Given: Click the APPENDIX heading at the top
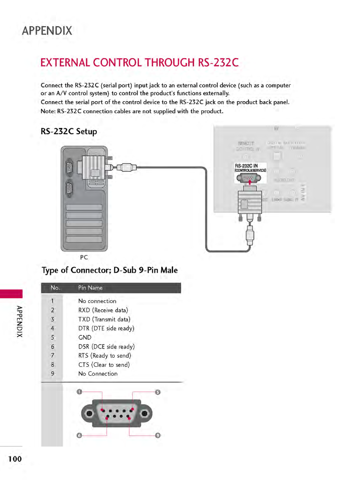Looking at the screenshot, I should click(47, 31).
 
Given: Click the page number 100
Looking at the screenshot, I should click(15, 459).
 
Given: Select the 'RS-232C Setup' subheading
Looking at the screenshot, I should click(69, 131).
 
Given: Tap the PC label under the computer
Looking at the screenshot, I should click(84, 257).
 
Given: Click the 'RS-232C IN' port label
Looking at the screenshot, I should click(246, 166).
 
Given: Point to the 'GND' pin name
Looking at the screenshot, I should click(85, 337).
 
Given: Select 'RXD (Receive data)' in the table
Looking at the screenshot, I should click(103, 310).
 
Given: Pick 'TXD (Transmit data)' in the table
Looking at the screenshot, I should click(104, 319).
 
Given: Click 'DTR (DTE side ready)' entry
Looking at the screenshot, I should click(106, 328).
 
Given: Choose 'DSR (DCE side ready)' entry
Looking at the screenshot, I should click(106, 347).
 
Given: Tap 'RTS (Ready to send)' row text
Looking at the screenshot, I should click(105, 356).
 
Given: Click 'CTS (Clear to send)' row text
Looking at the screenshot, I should click(104, 365).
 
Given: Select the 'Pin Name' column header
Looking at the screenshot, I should click(90, 288).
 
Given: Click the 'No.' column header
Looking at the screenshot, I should click(55, 288).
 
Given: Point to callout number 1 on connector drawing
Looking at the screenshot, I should click(79, 392).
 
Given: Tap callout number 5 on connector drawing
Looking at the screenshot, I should click(158, 392).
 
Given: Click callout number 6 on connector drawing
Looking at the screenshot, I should click(79, 436).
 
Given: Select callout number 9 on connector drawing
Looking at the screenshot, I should click(158, 436).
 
